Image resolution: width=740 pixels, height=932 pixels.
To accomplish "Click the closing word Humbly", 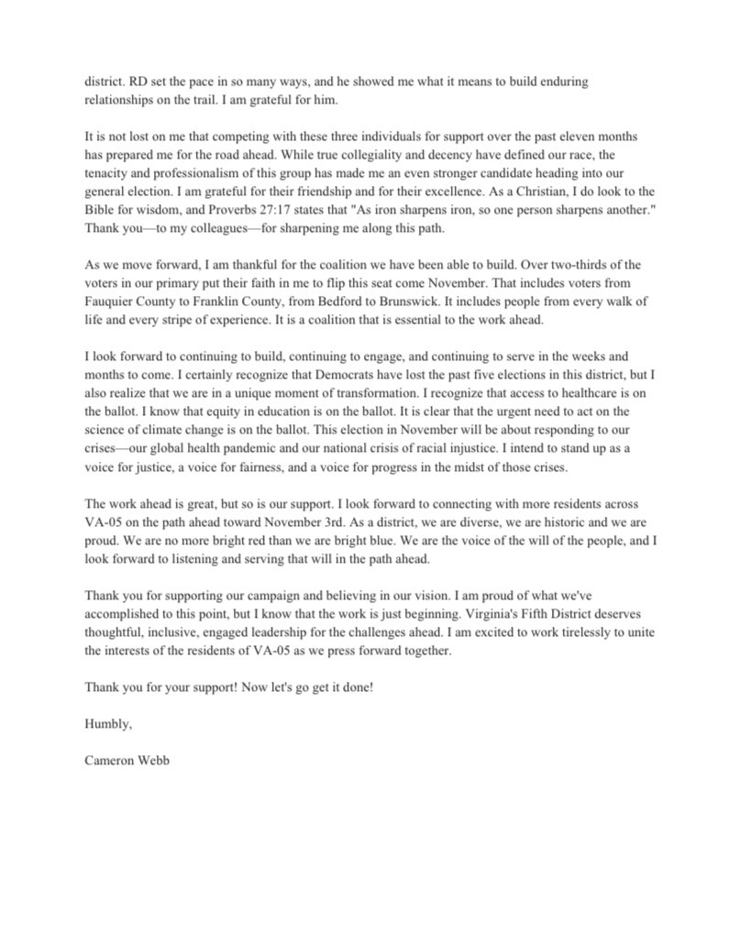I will [x=108, y=724].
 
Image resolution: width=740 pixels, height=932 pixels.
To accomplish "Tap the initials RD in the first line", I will [x=133, y=82].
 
